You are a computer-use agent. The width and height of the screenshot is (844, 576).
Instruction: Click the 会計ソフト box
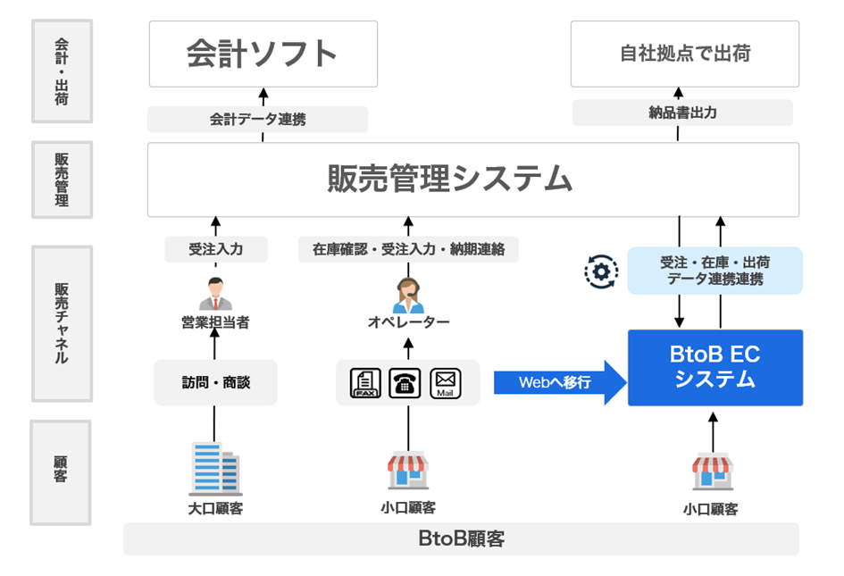pos(263,54)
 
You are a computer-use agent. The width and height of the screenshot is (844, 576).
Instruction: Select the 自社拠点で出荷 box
pos(685,54)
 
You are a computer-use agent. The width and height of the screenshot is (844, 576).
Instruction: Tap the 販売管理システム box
pos(473,179)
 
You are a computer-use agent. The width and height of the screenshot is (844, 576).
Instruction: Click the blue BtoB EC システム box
pos(714,367)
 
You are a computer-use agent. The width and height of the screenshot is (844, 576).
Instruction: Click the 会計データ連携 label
pos(257,119)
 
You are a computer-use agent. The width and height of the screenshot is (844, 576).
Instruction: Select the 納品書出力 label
pos(682,113)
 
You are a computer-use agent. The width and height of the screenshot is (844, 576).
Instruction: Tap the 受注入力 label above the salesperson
pos(215,249)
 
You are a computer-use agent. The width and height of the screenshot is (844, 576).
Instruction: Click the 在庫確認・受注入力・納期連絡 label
pos(408,249)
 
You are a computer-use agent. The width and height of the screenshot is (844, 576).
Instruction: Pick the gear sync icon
pos(601,271)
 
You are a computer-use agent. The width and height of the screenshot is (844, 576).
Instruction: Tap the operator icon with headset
pos(408,294)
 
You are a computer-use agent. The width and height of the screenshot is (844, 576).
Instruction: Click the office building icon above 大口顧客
pos(215,468)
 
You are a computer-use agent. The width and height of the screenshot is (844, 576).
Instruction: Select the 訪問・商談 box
pos(215,382)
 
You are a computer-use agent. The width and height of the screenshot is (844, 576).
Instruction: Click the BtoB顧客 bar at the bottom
pos(461,539)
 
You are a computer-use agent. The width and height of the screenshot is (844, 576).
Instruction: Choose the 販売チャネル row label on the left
pos(62,322)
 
